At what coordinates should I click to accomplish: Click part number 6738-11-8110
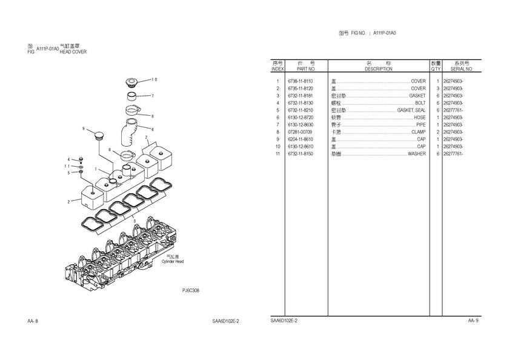pyautogui.click(x=301, y=81)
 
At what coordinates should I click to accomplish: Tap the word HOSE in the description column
pyautogui.click(x=419, y=118)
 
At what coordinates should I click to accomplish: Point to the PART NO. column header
pyautogui.click(x=302, y=69)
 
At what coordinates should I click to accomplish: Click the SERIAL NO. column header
pyautogui.click(x=461, y=69)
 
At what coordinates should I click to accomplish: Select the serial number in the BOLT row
pyautogui.click(x=453, y=103)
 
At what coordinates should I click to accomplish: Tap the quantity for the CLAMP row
pyautogui.click(x=437, y=132)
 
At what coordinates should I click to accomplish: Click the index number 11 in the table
pyautogui.click(x=277, y=154)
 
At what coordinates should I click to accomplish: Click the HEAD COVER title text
pyautogui.click(x=73, y=52)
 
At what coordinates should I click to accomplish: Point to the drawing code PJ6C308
pyautogui.click(x=190, y=290)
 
